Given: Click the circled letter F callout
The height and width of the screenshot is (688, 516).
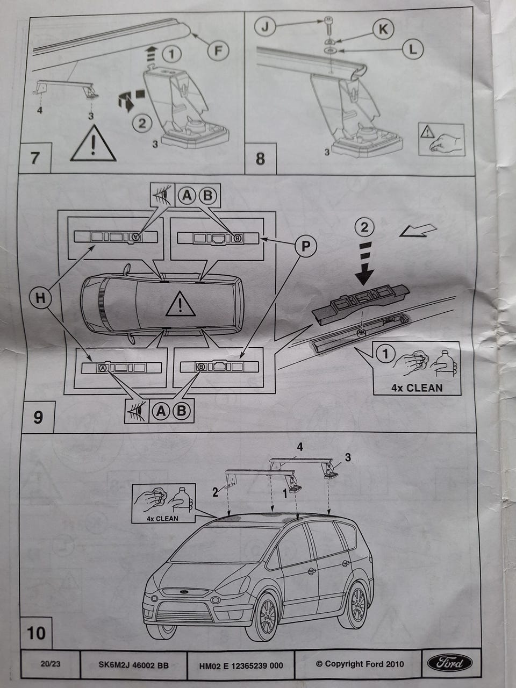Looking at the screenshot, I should [x=218, y=51].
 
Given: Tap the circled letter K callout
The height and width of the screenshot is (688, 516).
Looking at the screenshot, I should [x=383, y=29].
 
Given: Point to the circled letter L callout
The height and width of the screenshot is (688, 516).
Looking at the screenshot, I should [x=412, y=49].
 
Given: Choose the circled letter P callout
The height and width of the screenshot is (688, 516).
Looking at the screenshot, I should [x=305, y=246].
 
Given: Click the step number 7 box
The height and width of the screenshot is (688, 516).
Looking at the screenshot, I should [x=35, y=159].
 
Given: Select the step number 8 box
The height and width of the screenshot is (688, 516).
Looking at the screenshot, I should [x=260, y=159].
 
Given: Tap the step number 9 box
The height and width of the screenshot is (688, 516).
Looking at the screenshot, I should [x=38, y=417].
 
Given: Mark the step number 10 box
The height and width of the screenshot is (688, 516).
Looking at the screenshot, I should [x=37, y=633].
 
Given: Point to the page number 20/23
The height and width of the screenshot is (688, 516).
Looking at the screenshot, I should [x=51, y=664].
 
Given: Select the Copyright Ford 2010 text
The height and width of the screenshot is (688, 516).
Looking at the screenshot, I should [x=360, y=664].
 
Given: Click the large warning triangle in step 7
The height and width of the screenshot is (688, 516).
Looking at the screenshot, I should [x=93, y=144].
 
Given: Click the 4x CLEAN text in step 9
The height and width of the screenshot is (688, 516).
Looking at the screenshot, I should [x=417, y=388].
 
